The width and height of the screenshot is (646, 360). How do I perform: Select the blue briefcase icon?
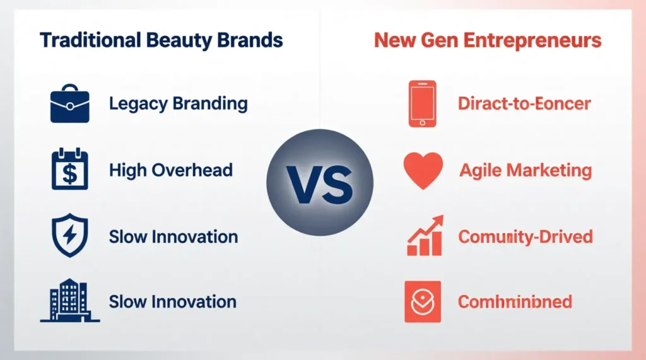click(69, 105)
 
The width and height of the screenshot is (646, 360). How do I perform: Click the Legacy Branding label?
click(178, 104)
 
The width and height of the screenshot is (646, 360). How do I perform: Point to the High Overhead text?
click(170, 170)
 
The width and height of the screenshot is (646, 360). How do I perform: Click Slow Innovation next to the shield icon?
click(173, 237)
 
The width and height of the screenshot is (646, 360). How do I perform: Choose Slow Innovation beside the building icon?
click(172, 301)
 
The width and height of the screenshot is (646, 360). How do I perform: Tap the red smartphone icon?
click(422, 104)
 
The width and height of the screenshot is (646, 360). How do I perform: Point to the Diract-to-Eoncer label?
click(524, 104)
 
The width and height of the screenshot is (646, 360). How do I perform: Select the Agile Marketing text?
click(526, 170)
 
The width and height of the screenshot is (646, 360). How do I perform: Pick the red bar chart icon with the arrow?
click(423, 236)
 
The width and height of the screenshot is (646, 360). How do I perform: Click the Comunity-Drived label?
click(525, 237)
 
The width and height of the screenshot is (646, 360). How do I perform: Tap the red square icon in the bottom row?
click(421, 302)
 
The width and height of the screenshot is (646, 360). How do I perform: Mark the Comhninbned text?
click(515, 302)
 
